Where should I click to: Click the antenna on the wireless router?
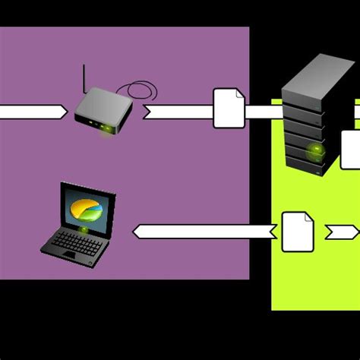pos(85,77)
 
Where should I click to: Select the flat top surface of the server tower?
pos(319,72)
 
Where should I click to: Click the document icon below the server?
pos(298,232)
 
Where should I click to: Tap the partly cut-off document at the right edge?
pos(350,149)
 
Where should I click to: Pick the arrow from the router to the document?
pos(178,112)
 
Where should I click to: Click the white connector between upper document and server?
pos(264,112)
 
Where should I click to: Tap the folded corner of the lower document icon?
pos(308,217)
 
